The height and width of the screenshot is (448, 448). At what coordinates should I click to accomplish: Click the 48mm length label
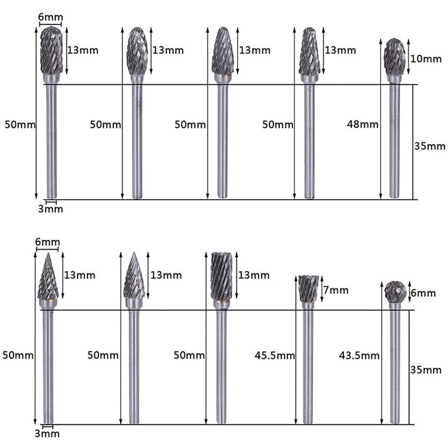[363, 124]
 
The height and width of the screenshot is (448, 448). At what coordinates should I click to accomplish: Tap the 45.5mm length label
[275, 355]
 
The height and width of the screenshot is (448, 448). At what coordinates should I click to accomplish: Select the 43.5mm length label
[359, 355]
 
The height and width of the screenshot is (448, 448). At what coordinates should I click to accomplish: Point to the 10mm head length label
[426, 59]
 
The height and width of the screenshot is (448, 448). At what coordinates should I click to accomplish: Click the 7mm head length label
[336, 290]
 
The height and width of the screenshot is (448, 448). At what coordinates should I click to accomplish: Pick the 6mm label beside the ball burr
[424, 293]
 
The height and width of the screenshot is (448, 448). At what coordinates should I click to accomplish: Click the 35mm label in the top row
[430, 146]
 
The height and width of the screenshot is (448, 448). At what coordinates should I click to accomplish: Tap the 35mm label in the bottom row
[426, 370]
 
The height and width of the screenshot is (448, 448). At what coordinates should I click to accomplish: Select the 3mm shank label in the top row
[51, 209]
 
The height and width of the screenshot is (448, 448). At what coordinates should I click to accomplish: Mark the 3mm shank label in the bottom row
[47, 433]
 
